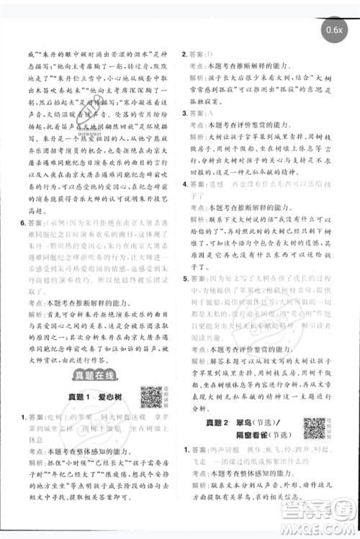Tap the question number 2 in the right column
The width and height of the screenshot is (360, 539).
[x=185, y=54]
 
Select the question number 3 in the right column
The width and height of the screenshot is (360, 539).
[x=185, y=114]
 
